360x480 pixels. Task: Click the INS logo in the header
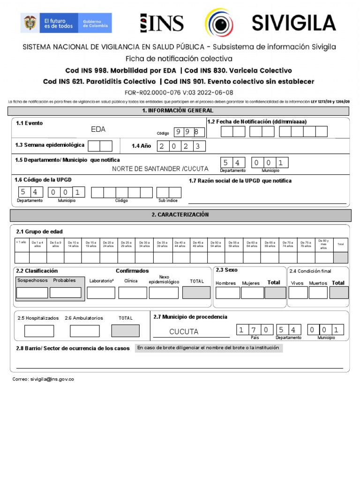162,23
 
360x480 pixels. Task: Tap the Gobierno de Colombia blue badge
96,23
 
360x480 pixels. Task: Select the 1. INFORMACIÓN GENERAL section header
178,111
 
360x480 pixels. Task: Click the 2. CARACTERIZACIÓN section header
180,215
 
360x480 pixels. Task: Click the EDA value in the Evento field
98,129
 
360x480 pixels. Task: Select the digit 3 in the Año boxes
198,146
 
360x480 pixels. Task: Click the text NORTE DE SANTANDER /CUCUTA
160,169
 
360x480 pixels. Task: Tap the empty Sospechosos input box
32,293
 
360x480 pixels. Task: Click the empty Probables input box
66,293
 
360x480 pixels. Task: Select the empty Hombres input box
227,293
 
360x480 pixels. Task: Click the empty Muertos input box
318,293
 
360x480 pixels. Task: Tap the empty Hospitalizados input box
39,331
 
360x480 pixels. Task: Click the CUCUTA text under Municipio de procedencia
184,332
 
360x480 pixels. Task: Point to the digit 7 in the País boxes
253,330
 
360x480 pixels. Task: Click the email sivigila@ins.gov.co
43,379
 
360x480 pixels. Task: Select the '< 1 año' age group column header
21,243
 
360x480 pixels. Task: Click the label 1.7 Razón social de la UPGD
240,181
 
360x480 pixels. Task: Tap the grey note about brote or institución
208,348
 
